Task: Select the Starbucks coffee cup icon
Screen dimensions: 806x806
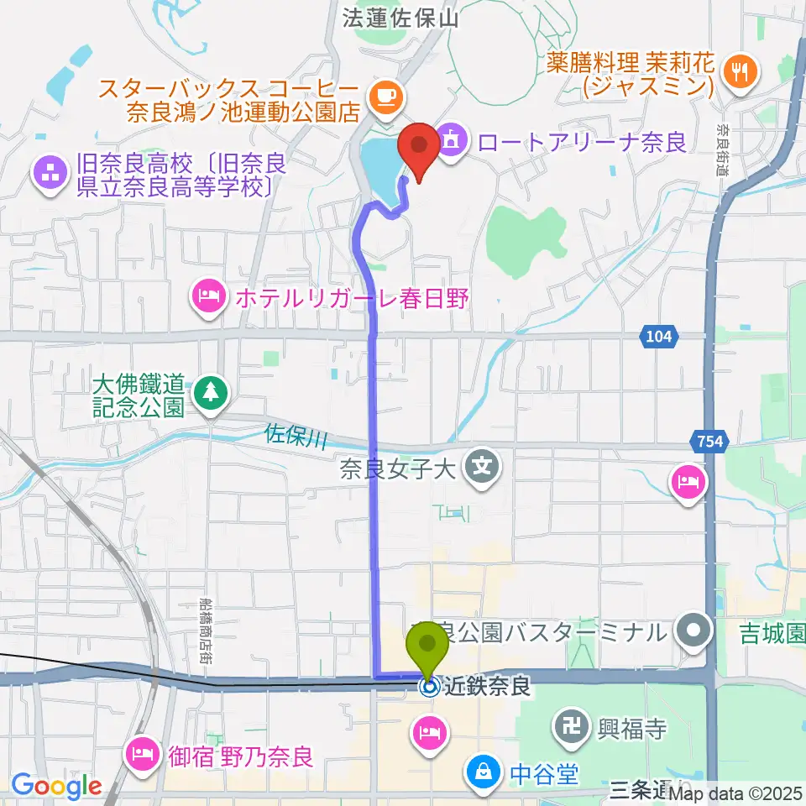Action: tap(387, 95)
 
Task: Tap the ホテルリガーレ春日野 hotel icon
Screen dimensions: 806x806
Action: tap(206, 296)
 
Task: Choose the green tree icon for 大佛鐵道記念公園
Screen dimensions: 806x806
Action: tap(207, 391)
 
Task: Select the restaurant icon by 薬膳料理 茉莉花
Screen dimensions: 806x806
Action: tap(740, 71)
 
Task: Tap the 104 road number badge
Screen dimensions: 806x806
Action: tap(659, 337)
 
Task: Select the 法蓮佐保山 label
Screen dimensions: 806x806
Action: tap(401, 18)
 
